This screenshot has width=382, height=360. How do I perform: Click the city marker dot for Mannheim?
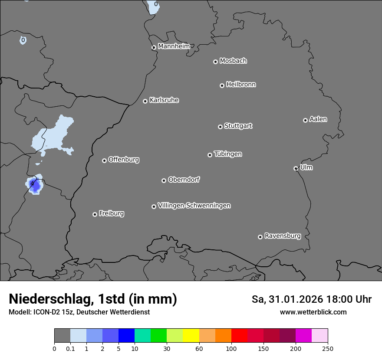(154, 48)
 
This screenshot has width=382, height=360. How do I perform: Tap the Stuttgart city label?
(238, 126)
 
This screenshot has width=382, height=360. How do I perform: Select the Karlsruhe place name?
(164, 100)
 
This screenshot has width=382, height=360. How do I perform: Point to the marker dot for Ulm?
(296, 168)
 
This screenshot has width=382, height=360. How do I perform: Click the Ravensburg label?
(283, 236)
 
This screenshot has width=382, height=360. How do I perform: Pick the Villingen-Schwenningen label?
(194, 206)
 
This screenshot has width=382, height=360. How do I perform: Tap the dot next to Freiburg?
(95, 214)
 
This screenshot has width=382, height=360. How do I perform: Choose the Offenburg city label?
(124, 160)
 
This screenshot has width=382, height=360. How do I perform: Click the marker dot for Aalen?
(305, 120)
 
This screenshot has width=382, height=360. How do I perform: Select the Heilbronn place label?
(241, 85)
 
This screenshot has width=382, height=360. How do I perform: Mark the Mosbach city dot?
(215, 62)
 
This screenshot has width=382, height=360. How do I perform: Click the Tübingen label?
(228, 154)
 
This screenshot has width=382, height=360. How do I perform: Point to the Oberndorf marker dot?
(164, 180)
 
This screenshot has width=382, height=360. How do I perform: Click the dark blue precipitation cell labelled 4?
(34, 185)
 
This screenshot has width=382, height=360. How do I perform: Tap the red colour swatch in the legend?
(239, 336)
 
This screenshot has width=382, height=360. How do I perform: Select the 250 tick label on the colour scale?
(328, 348)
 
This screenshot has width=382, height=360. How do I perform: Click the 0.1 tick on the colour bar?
(70, 348)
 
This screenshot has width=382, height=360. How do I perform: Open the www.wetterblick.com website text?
(313, 312)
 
